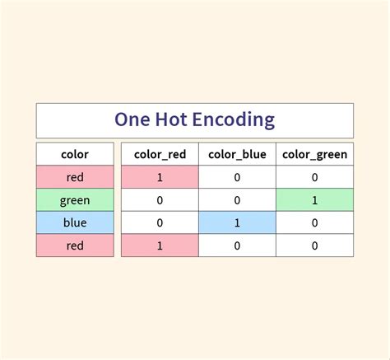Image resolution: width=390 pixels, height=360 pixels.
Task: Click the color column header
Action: [75, 154]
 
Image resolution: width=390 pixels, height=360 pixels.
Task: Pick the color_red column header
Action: [160, 154]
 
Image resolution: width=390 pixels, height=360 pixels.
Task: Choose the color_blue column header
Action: [236, 154]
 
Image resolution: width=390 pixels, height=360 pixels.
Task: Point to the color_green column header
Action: [314, 154]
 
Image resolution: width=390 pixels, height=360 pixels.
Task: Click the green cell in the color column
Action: [75, 200]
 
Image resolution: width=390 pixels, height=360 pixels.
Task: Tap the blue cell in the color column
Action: [75, 222]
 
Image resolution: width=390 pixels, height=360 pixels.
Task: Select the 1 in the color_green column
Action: [314, 200]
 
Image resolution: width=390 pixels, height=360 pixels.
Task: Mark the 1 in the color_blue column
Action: [236, 222]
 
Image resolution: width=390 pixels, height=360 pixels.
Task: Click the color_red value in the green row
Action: [160, 200]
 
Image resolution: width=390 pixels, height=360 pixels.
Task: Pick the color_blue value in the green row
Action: [236, 200]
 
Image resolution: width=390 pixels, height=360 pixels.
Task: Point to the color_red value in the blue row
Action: [160, 222]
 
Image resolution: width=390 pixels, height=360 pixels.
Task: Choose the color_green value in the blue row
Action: [314, 222]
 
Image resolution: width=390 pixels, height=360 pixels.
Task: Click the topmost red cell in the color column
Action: [75, 177]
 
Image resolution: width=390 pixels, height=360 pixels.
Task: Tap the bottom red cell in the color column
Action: [75, 245]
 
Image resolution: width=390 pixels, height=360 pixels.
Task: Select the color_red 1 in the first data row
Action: [160, 177]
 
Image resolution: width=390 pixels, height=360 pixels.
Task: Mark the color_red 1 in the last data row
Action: [160, 245]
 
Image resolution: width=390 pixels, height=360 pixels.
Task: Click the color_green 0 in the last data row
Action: [314, 245]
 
